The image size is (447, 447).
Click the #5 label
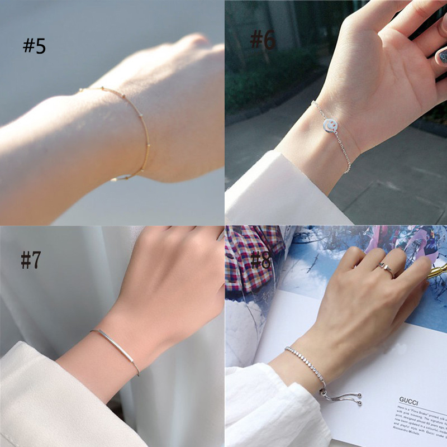(34, 46)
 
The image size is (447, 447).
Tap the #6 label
(262, 40)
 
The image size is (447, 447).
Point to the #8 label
(261, 260)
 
